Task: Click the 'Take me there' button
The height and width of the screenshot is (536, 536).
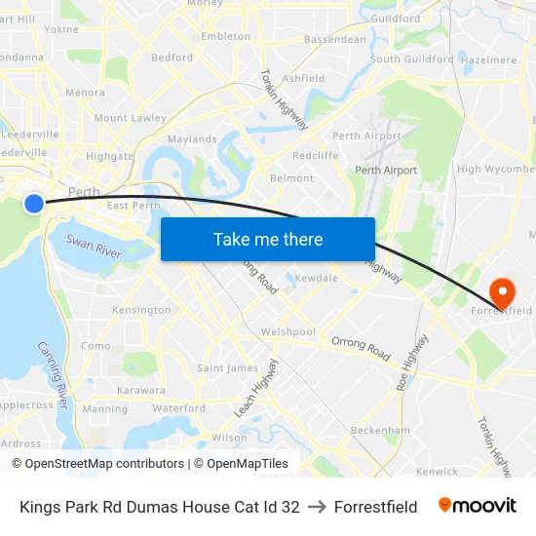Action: [x=268, y=239]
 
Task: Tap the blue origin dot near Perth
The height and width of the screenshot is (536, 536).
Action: [x=34, y=203]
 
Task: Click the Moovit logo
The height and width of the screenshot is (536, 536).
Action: [x=478, y=506]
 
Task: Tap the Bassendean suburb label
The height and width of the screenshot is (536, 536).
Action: [x=335, y=40]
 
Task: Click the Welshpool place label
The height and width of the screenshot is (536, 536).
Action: [x=287, y=331]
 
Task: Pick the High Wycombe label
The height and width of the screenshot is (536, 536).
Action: [x=495, y=169]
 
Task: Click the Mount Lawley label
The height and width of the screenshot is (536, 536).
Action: [x=131, y=118]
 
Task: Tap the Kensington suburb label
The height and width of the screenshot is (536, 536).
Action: [x=141, y=310]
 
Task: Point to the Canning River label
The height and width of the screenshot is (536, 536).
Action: [x=54, y=373]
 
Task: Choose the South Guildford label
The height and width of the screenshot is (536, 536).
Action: [x=411, y=58]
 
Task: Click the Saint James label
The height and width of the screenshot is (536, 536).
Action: [x=227, y=368]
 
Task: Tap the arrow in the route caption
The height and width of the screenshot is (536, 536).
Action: [x=317, y=507]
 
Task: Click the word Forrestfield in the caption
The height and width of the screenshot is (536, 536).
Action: [x=375, y=507]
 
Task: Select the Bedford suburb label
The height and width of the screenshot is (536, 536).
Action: [x=172, y=57]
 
